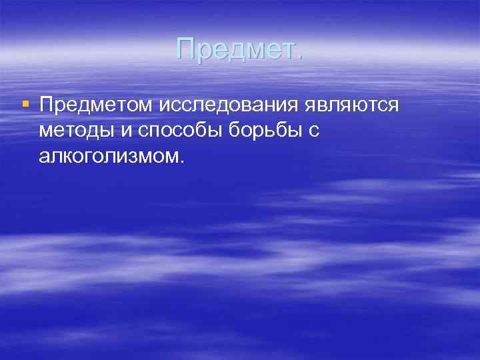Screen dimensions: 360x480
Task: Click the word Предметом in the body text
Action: (x=97, y=105)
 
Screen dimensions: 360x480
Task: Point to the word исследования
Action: (x=231, y=105)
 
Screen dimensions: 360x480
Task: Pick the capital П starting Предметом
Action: (x=47, y=105)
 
